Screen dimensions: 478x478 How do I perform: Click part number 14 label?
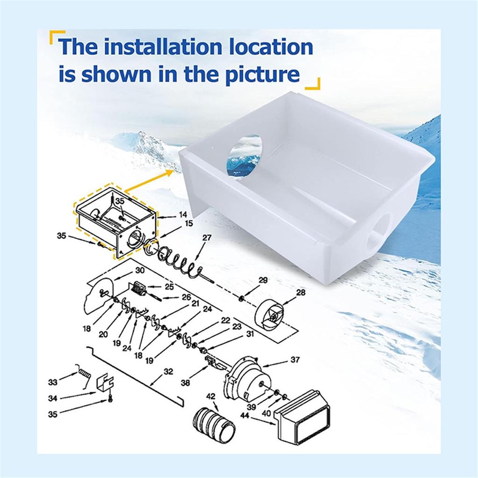click(183, 215)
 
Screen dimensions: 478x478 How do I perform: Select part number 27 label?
click(207, 238)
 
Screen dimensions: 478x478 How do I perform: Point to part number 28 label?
click(301, 292)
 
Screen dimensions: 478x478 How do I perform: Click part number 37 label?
click(295, 360)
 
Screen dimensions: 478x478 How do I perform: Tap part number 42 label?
click(211, 396)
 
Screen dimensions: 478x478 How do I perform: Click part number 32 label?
click(168, 371)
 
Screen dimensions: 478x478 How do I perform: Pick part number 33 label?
click(53, 382)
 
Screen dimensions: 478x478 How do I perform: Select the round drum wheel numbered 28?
click(269, 316)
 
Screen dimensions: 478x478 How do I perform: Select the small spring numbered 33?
click(83, 376)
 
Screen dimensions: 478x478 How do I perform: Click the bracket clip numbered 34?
click(105, 384)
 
